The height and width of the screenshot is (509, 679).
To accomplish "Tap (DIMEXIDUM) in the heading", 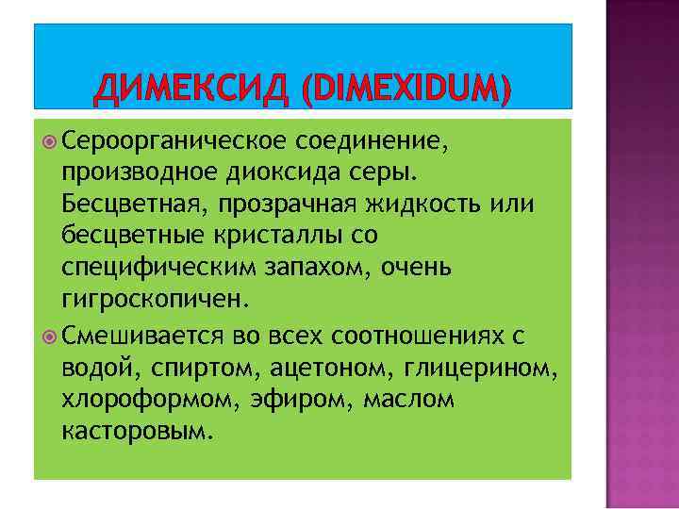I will point(406,91).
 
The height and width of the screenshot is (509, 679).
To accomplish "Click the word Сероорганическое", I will point(174,141).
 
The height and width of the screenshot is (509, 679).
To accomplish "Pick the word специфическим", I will point(148,269).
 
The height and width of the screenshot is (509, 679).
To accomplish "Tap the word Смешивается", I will point(142,337).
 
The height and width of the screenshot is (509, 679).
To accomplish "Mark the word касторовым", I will point(137,433).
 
